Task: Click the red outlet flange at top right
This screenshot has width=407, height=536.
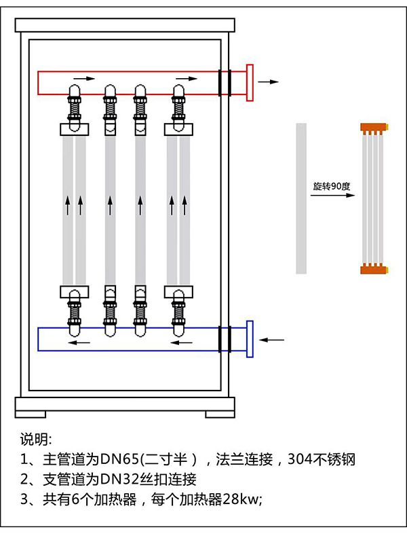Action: click(250, 82)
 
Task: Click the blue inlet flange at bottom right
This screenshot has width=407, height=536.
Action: click(250, 338)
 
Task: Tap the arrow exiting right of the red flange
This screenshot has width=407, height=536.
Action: click(269, 82)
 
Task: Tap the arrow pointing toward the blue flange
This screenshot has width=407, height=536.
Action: click(273, 338)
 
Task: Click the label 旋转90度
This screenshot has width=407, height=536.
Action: click(330, 185)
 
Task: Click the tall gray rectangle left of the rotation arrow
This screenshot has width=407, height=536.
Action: click(301, 198)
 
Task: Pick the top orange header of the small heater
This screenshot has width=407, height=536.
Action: click(374, 126)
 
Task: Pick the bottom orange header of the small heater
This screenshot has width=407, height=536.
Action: click(374, 269)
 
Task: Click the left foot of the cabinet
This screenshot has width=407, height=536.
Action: click(31, 413)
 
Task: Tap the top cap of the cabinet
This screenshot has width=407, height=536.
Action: click(125, 24)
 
